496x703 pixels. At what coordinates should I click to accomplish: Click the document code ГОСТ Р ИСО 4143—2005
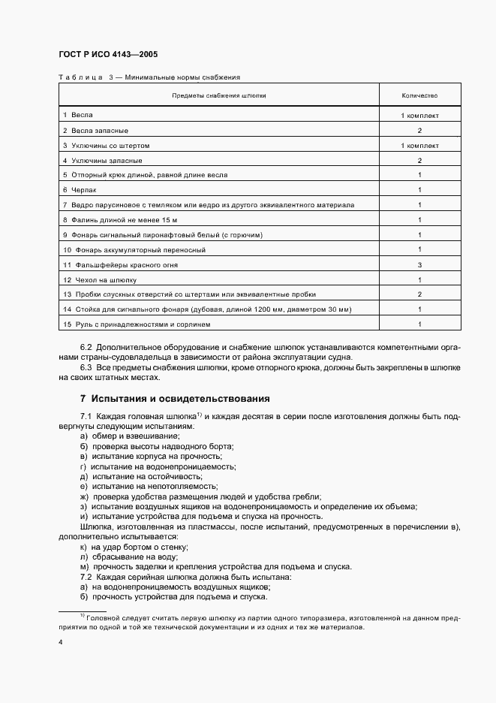point(108,55)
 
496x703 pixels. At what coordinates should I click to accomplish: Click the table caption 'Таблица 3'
point(85,77)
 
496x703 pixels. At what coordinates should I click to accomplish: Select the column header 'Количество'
point(419,96)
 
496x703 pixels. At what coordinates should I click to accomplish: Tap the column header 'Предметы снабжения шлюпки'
point(218,96)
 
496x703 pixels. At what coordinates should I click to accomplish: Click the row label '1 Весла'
point(77,116)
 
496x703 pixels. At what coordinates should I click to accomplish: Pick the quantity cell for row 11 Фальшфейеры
point(419,264)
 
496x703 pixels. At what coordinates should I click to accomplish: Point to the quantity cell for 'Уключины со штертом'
point(419,145)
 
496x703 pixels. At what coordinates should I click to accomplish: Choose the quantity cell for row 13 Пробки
point(419,294)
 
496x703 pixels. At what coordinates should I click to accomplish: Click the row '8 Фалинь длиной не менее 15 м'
point(119,219)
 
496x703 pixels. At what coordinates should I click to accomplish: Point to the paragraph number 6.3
point(86,368)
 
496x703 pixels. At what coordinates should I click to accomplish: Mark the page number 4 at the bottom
point(60,642)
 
